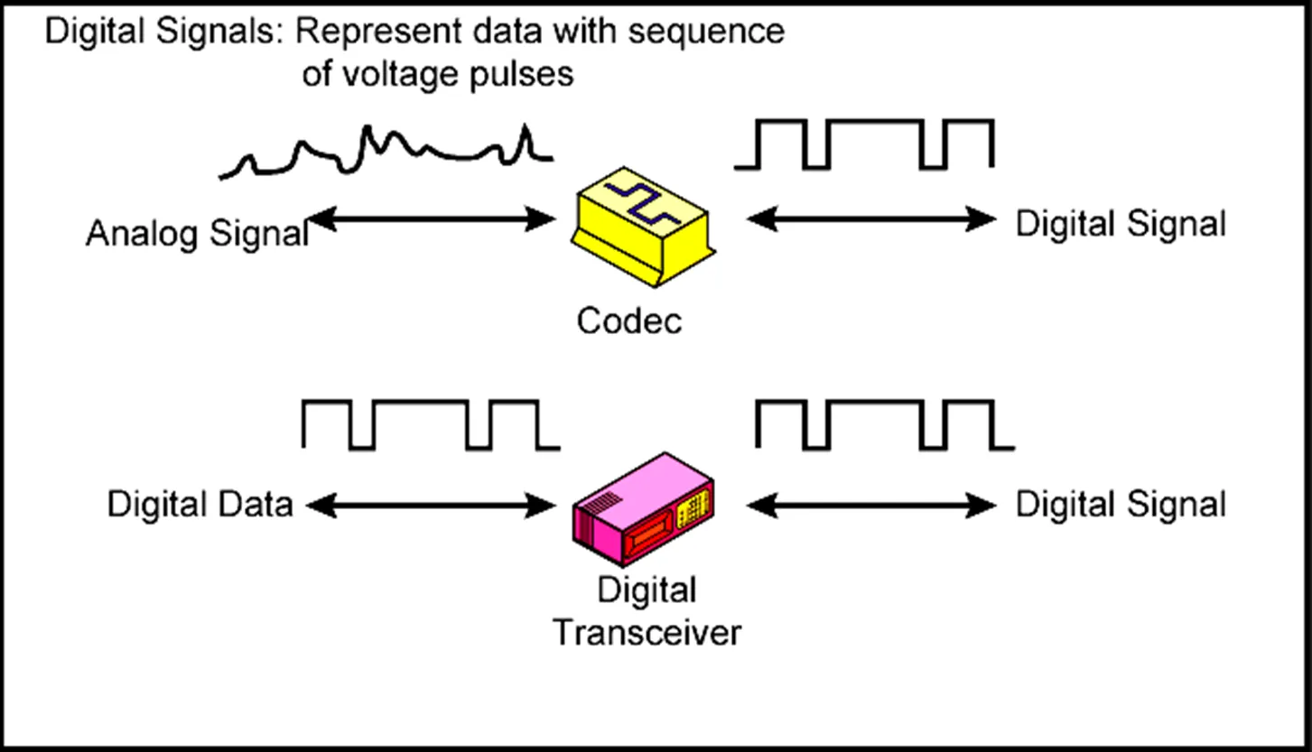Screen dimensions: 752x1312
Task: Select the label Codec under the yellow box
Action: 629,320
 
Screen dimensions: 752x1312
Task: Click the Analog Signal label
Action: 197,234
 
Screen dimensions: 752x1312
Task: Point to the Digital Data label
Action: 200,504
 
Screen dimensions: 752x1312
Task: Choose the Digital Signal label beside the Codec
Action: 1121,223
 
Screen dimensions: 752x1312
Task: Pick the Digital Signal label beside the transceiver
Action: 1121,504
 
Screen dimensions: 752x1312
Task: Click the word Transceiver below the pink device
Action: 646,632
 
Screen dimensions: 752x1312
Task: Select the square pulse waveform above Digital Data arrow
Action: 430,424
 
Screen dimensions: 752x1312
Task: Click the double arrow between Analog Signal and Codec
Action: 431,218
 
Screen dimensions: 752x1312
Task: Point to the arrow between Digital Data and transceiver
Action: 431,506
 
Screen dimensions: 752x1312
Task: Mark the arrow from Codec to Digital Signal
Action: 871,218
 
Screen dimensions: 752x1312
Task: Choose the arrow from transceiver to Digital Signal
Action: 871,506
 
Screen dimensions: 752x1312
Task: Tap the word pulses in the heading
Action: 521,74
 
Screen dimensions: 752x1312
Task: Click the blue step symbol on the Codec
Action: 642,203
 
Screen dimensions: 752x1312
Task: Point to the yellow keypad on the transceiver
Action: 691,512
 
